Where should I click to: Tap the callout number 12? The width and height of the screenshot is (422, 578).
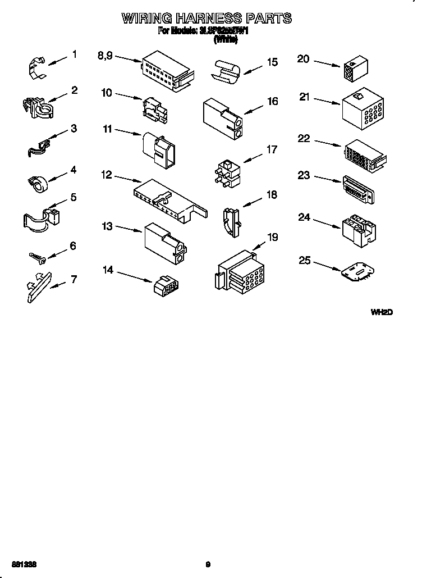pos(107,175)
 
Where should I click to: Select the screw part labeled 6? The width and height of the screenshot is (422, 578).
pos(39,257)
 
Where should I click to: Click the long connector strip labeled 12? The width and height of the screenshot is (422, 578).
pos(169,202)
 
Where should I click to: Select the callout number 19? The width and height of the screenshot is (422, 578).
pos(272,237)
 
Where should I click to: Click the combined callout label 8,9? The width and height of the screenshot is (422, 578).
pos(105,55)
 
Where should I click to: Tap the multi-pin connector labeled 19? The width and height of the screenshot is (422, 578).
pos(238,272)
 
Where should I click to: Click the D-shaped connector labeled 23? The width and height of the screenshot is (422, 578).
pos(359,188)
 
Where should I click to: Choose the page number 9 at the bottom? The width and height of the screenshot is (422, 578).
pos(208,564)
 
